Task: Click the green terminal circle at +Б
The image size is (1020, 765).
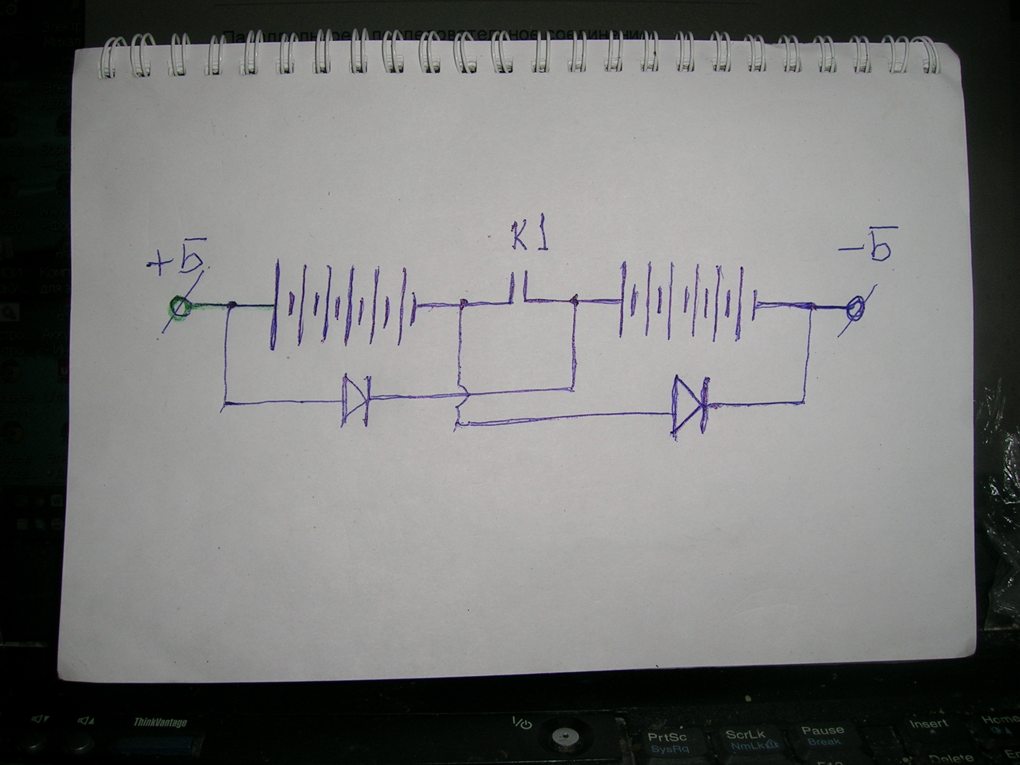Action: point(179,306)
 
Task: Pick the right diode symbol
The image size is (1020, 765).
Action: point(689,404)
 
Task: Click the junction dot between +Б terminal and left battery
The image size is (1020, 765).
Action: point(232,304)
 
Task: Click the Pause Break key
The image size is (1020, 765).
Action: point(822,734)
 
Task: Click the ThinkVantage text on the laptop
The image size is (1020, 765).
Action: point(159,723)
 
